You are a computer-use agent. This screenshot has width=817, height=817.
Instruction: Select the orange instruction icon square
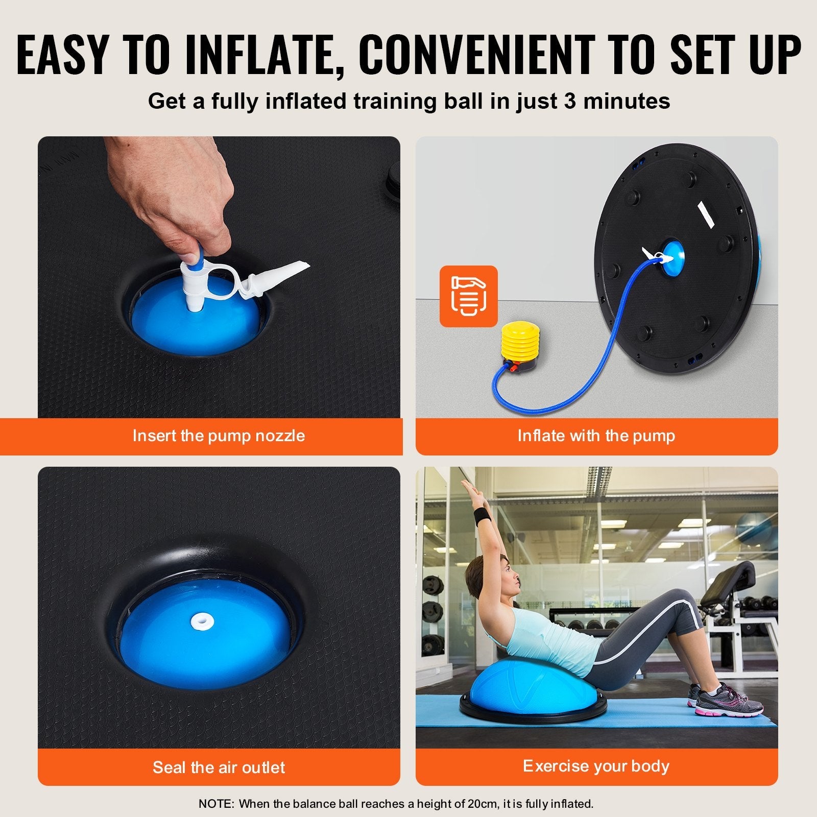point(468,296)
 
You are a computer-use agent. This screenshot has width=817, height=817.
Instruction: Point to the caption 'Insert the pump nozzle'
point(219,436)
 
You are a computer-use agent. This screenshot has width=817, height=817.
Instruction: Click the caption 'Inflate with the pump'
point(596,436)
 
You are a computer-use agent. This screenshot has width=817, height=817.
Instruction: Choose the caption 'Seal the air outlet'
point(219,767)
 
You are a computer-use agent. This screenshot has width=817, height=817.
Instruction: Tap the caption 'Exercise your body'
point(596,766)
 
